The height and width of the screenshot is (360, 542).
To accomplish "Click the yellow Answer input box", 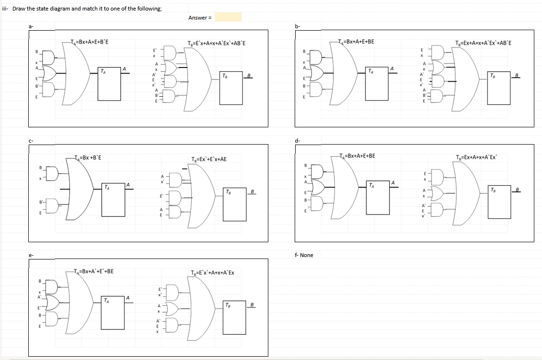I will coord(228,18).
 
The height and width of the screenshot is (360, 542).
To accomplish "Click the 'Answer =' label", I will coord(199,18).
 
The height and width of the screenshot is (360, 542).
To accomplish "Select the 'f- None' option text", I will coord(304,255).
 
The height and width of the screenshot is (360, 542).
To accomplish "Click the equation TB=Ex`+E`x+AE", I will coord(209,159).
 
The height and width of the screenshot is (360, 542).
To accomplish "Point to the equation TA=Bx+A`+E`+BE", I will coord(94,271).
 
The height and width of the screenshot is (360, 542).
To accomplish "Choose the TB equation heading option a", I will coord(217,44).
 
